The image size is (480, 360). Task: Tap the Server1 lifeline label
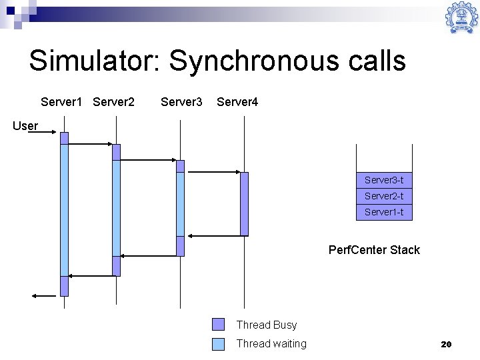(x=61, y=102)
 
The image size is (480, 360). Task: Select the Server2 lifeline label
(x=114, y=102)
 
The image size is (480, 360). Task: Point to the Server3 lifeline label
(x=181, y=102)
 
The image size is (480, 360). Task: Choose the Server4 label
(x=237, y=102)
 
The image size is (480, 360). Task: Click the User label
(x=25, y=125)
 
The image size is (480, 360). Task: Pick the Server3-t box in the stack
(x=384, y=180)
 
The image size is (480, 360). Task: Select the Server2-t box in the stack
(x=384, y=196)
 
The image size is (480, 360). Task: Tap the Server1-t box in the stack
(x=384, y=212)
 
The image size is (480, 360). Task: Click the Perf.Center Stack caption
(x=374, y=250)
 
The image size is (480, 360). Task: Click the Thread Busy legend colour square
(x=219, y=325)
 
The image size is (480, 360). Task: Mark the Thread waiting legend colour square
(x=219, y=344)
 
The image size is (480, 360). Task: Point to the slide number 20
(x=446, y=344)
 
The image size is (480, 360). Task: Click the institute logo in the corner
(x=461, y=18)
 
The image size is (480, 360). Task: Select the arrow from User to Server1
(x=45, y=133)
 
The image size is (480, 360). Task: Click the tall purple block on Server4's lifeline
(x=244, y=204)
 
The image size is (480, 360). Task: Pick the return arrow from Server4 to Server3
(x=213, y=235)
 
